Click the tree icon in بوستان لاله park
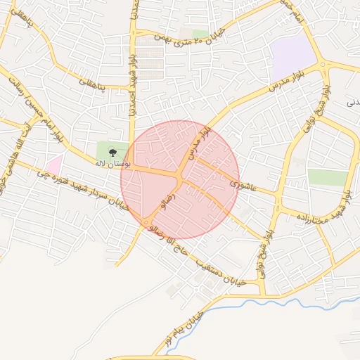pos(113,150)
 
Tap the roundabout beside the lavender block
pos(323,65)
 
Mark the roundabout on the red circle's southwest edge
pos(146,224)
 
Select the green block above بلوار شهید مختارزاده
pos(328,177)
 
